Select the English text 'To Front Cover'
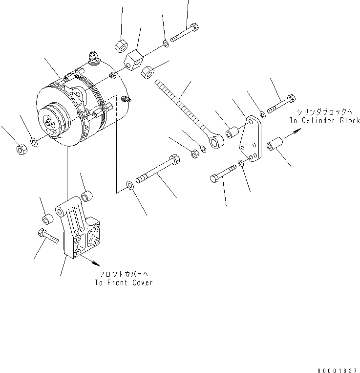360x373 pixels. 124,283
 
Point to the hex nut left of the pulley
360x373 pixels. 21,149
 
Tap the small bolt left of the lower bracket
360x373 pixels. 47,237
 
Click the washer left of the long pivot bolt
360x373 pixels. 129,184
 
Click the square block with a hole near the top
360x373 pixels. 134,61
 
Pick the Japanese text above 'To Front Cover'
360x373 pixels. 124,274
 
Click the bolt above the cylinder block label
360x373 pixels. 280,104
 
